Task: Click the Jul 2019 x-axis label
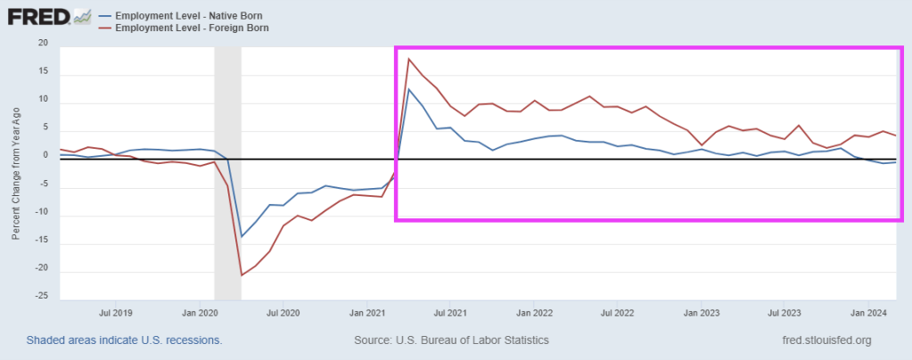click(116, 313)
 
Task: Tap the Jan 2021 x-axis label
click(367, 313)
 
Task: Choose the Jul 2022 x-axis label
click(618, 313)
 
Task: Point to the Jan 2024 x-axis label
click(869, 313)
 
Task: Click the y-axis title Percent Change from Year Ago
click(16, 171)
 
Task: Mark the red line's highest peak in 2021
click(408, 59)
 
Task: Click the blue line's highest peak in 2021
click(408, 89)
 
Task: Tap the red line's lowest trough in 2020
click(242, 275)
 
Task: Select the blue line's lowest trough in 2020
click(242, 236)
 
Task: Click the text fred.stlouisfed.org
click(825, 340)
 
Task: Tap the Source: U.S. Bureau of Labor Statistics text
click(451, 340)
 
